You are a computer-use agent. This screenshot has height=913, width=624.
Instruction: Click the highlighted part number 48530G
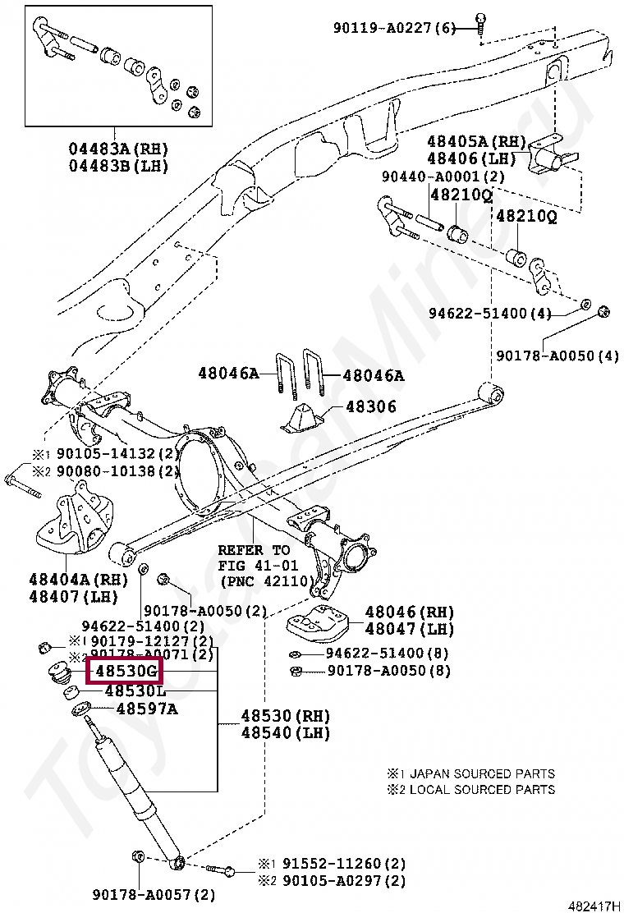coord(126,671)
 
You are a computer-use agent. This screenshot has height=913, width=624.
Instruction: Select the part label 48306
coord(370,406)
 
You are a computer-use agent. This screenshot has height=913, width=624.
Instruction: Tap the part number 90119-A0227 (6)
coord(393,28)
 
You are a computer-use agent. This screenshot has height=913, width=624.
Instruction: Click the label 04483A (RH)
coord(118,149)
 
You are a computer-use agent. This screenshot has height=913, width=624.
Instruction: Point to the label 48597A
coord(146,709)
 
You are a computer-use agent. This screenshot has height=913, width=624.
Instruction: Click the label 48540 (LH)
coord(278,732)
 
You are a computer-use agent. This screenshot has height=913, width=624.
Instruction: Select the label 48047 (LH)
coord(409,630)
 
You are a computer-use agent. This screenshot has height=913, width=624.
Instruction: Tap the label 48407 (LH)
coord(79,597)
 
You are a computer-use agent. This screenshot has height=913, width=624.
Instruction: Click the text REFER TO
coord(254,550)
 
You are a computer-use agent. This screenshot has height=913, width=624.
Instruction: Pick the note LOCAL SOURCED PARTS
coord(482,790)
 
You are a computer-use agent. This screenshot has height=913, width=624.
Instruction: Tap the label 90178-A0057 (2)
coord(154,894)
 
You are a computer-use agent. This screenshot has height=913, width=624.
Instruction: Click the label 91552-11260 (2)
coord(344,865)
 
